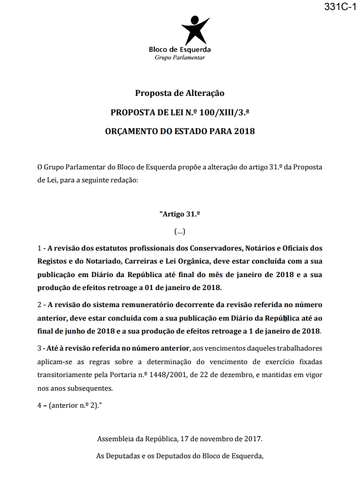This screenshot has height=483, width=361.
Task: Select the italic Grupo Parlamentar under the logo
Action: point(180,58)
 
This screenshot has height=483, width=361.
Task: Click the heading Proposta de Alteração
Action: point(180,92)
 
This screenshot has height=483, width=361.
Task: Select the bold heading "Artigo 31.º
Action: point(181,214)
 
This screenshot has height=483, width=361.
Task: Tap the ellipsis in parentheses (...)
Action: point(180,231)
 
